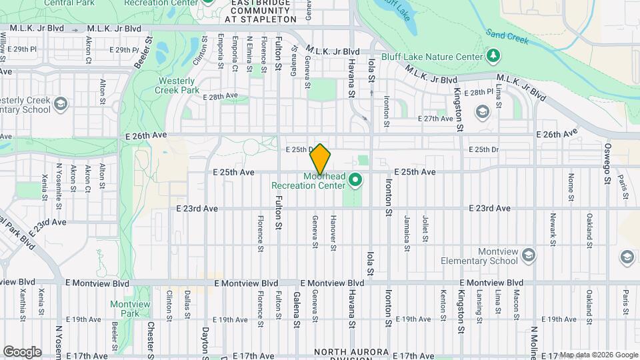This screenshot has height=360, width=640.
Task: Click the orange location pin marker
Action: tap(320, 159)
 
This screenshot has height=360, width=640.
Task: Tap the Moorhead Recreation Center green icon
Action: tap(356, 180)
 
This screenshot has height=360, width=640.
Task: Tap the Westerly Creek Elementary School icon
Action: tap(61, 104)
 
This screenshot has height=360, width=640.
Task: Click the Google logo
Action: tap(22, 352)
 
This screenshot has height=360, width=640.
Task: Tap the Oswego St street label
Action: tap(607, 157)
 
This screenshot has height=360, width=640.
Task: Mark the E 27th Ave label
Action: tap(435, 119)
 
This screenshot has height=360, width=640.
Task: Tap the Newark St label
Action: tap(553, 227)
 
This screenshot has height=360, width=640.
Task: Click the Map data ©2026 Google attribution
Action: tap(598, 355)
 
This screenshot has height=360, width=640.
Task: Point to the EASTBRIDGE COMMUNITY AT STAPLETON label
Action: tap(261, 11)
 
